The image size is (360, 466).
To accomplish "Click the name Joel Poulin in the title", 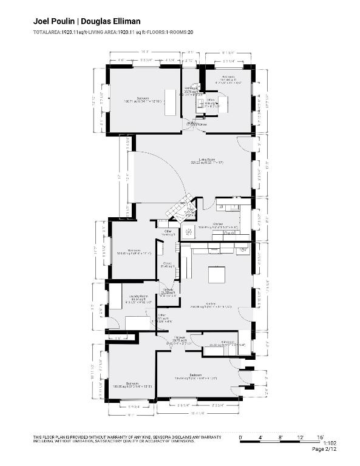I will point(53,21).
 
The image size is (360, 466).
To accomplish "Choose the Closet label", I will point(167,264).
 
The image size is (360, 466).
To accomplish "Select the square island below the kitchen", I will point(217,275).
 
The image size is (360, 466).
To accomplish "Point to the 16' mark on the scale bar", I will point(321,437).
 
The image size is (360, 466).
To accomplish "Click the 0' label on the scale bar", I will point(240,437).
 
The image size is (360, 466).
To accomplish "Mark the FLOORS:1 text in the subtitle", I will point(157,32).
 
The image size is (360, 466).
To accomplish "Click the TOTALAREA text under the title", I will point(47,32).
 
